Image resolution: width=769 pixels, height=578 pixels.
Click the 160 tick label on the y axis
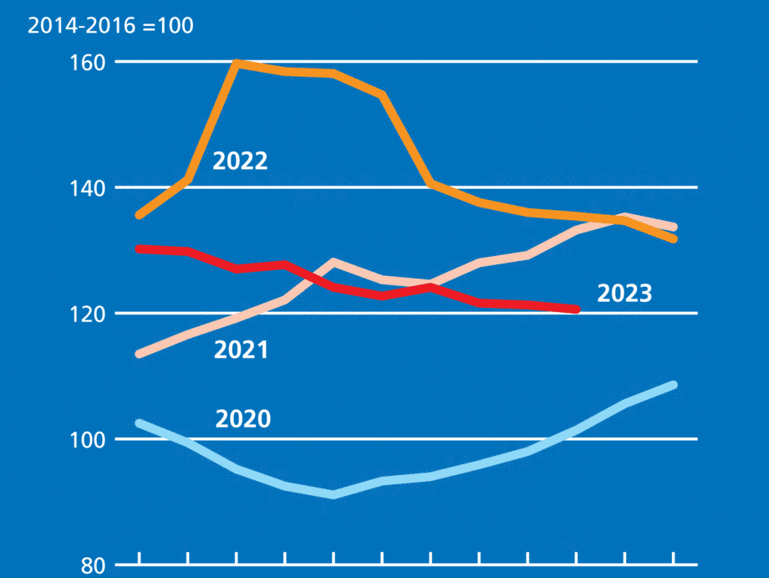[89, 63]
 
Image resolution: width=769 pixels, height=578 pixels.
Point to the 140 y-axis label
[89, 188]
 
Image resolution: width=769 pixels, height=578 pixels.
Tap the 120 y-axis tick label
[89, 314]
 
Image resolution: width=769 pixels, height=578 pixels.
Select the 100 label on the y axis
[89, 439]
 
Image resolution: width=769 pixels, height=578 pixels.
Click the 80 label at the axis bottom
[94, 565]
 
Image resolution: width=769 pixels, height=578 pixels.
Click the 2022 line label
[240, 161]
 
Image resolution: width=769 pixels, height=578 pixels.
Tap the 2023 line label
[624, 294]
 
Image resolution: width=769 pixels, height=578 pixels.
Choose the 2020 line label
[243, 418]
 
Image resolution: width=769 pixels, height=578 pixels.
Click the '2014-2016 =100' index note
[110, 26]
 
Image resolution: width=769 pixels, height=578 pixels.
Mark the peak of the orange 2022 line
[237, 63]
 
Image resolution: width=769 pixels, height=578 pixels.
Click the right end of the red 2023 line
[576, 309]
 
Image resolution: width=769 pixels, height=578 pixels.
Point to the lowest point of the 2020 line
[334, 495]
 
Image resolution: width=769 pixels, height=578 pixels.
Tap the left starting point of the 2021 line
[139, 354]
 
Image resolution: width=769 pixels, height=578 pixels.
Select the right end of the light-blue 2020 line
[673, 385]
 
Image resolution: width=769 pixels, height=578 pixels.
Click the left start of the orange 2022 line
[139, 216]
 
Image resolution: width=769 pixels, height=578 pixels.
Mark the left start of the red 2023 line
[139, 248]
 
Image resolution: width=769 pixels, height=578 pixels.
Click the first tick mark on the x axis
[139, 558]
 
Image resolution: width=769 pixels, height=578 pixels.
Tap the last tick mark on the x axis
[673, 558]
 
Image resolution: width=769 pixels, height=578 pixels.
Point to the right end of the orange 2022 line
[673, 239]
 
